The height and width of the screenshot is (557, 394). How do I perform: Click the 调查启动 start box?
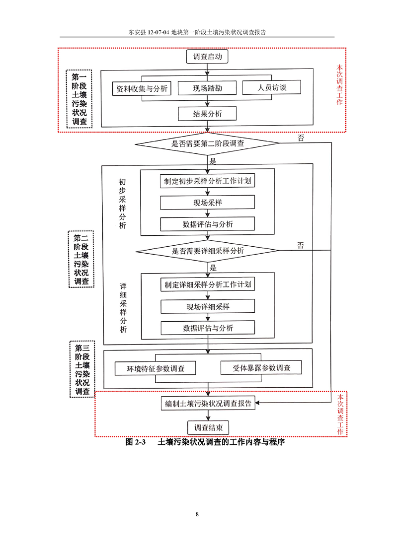click(x=208, y=57)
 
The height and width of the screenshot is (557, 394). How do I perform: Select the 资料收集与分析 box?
click(x=142, y=89)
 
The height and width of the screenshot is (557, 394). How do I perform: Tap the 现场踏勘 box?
click(x=207, y=89)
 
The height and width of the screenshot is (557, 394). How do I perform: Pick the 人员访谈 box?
click(x=272, y=88)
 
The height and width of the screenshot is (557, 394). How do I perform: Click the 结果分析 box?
click(x=207, y=114)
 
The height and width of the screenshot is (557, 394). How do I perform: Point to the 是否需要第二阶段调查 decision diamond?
click(x=207, y=143)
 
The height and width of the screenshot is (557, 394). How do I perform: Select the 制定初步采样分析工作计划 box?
click(x=207, y=181)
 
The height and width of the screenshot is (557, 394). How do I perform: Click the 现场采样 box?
click(x=207, y=203)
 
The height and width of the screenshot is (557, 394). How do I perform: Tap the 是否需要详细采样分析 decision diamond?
click(x=207, y=251)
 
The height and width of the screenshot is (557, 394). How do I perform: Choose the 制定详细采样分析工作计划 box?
click(x=207, y=285)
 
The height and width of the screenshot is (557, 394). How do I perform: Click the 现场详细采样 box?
click(x=207, y=306)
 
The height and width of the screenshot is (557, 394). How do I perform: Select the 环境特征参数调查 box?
click(x=155, y=368)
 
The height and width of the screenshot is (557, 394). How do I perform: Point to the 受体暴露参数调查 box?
click(x=261, y=368)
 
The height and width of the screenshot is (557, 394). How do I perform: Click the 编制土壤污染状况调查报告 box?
click(x=208, y=403)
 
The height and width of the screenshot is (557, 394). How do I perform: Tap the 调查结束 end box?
click(x=208, y=427)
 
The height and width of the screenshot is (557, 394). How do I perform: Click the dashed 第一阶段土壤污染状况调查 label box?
click(x=79, y=99)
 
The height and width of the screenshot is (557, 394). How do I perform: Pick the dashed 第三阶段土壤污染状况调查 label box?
click(x=81, y=368)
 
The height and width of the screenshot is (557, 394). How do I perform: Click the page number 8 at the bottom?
click(x=197, y=514)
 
